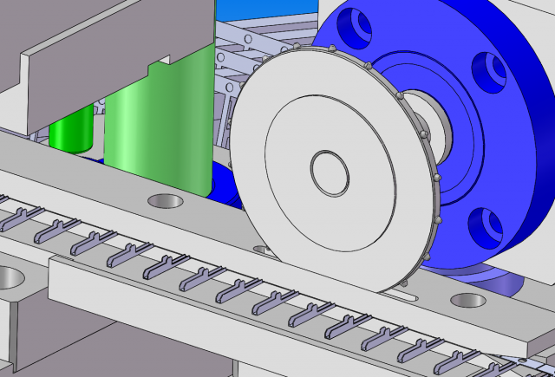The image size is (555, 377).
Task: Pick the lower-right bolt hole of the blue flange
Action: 485,227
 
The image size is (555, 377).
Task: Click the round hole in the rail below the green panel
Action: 166,201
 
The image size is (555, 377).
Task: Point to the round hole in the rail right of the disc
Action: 468,301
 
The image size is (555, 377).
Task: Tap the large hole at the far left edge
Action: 7,278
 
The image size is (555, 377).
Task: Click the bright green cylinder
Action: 71,130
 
